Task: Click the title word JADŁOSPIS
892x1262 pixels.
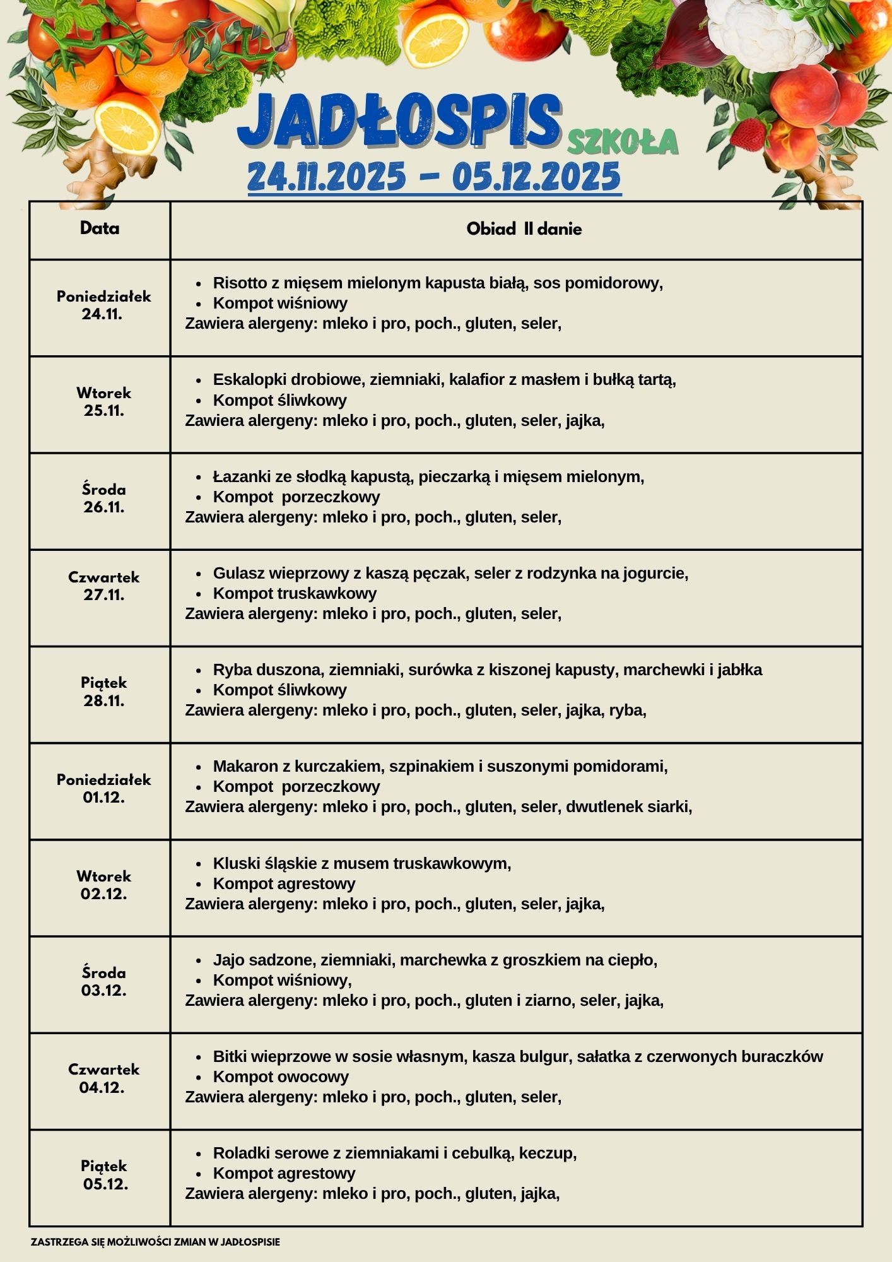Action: click(399, 121)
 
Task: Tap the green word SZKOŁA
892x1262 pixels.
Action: click(622, 142)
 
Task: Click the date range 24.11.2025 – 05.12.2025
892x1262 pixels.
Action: click(434, 177)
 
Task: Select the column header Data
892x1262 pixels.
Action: click(100, 228)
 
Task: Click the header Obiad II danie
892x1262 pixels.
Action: click(524, 229)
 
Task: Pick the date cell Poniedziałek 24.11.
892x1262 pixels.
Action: click(103, 305)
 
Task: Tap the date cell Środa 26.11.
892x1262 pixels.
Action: click(103, 498)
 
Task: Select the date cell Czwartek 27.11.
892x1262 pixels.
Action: click(103, 586)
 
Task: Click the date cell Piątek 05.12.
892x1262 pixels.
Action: click(105, 1175)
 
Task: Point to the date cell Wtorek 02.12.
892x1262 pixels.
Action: click(103, 885)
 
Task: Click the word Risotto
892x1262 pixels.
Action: click(240, 283)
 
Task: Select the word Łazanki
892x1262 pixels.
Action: click(240, 476)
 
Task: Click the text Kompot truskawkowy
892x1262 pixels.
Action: click(295, 593)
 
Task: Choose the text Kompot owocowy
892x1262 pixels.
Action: click(281, 1076)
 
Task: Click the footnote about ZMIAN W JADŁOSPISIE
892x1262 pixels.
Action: click(155, 1242)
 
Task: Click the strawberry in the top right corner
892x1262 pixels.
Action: click(748, 134)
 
